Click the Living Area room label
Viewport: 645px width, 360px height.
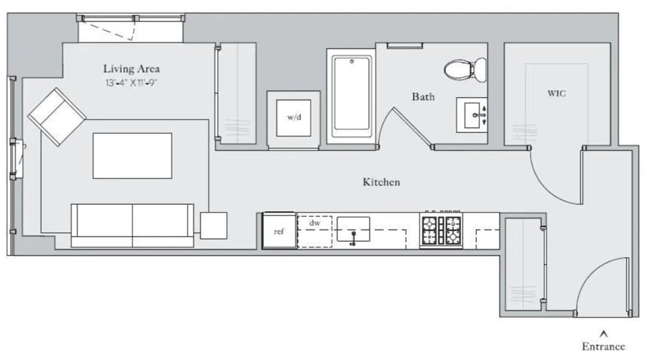[131, 69]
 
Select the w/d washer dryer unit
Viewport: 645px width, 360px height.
[293, 118]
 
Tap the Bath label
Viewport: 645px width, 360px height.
[423, 97]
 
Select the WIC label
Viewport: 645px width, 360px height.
[556, 93]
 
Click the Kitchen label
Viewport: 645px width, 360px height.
[381, 182]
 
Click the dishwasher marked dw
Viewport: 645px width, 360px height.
[314, 232]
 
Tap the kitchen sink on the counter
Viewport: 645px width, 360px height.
[353, 230]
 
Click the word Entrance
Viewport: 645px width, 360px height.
[603, 347]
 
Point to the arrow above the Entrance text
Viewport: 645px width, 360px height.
[603, 333]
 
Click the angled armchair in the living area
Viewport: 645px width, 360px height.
[57, 117]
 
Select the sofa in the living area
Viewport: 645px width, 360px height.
[132, 226]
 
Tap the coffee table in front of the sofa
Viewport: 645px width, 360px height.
[132, 156]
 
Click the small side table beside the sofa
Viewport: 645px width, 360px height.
[213, 226]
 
